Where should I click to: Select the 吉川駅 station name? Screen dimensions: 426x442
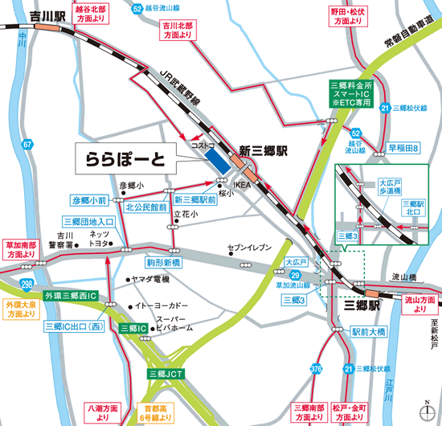click(x=19, y=14)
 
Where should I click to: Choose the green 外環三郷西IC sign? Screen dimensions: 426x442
click(x=71, y=297)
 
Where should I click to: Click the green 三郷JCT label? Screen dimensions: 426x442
click(x=166, y=374)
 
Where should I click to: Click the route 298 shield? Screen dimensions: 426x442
click(x=27, y=285)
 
